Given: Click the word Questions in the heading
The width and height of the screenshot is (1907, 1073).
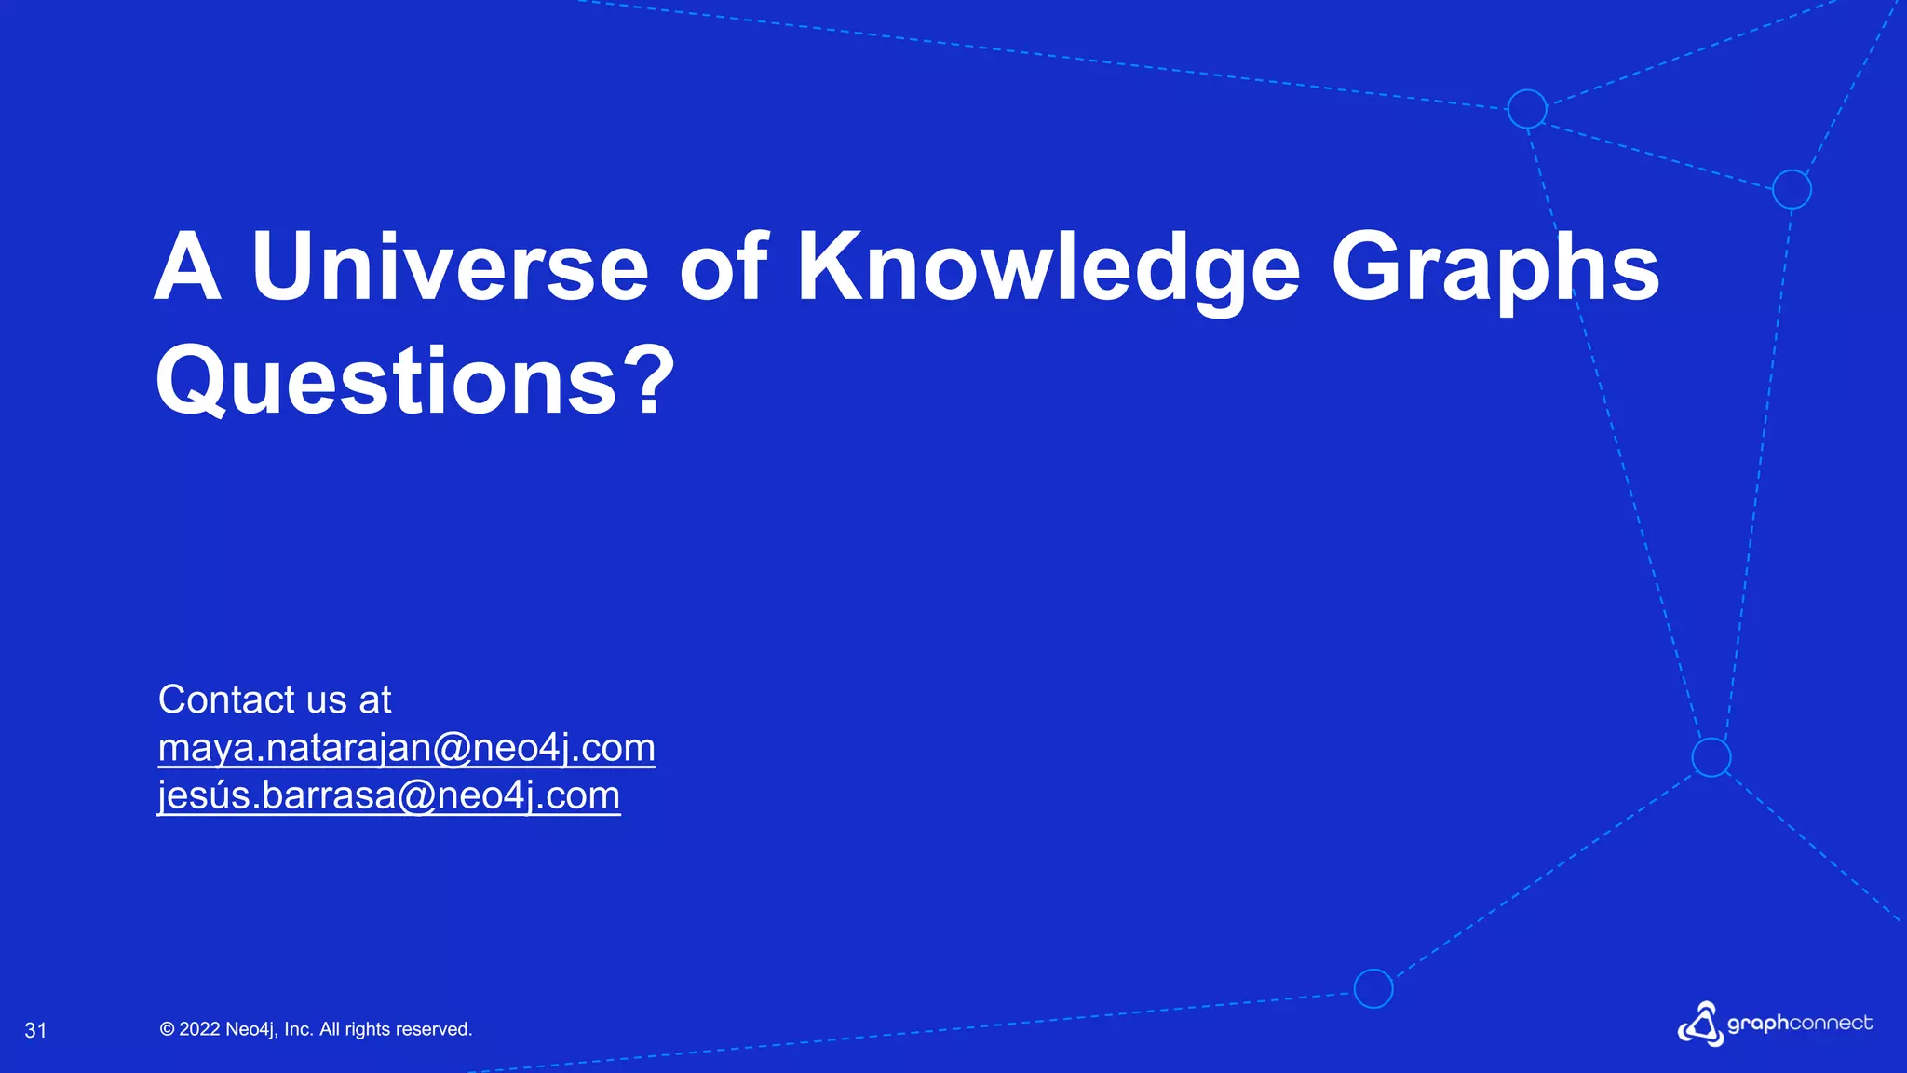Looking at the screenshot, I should pos(386,382).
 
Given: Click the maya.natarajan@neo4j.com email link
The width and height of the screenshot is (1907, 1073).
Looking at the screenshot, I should pos(406,748).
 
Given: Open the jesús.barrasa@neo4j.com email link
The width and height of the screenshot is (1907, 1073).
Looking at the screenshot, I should pos(388,795).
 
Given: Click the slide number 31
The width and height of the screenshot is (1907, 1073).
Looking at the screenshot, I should pos(35,1030).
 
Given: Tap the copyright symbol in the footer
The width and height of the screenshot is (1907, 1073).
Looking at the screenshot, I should pos(167,1029).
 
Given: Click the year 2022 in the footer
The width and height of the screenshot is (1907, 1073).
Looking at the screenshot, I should pos(199,1029).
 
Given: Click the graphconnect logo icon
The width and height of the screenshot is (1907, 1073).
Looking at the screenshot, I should pos(1700,1024).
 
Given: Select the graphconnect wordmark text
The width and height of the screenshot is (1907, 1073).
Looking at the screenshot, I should pos(1799,1024).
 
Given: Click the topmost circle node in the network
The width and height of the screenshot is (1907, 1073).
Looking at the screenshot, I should pos(1527,109).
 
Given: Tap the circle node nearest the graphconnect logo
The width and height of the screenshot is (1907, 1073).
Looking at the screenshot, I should pos(1711,757).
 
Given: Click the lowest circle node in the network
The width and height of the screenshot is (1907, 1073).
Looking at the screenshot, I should pos(1373,988).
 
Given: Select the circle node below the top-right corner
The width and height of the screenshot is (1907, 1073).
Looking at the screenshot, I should pos(1792,189).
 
